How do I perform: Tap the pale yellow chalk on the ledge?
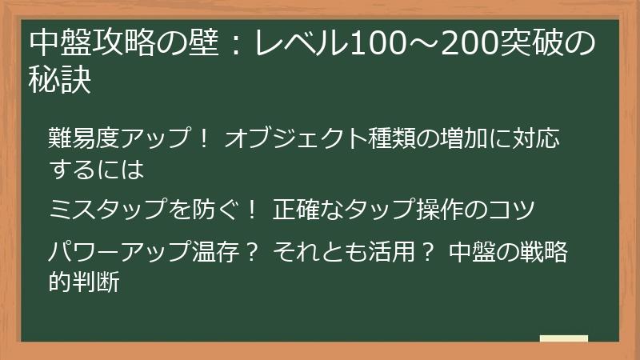tap(563, 338)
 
